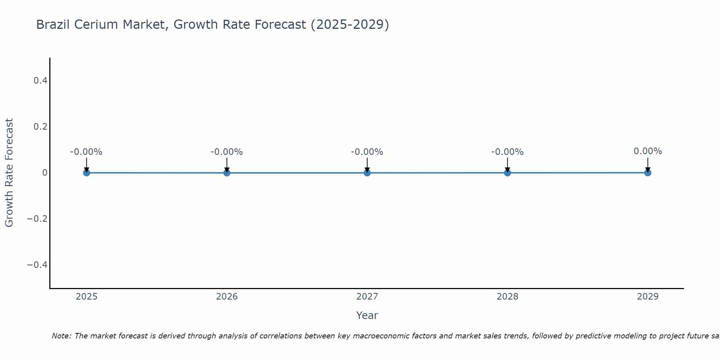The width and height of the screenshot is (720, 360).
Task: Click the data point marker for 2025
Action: pos(86,173)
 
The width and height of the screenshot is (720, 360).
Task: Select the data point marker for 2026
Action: pos(227,173)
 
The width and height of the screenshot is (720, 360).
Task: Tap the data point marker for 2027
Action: pos(367,173)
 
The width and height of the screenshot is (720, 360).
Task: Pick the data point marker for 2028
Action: pos(507,173)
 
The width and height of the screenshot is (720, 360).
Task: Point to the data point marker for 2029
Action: pos(648,173)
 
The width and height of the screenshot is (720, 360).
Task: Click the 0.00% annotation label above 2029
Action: pos(648,151)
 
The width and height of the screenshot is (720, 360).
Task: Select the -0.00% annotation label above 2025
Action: pos(86,152)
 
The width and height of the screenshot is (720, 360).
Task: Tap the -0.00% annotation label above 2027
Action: pos(367,152)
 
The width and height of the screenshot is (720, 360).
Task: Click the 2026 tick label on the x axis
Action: pos(227,297)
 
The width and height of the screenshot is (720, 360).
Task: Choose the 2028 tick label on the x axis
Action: pos(507,297)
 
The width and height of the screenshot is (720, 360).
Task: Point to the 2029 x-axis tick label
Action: pos(648,297)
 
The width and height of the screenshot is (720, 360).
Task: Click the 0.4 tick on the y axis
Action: pos(40,81)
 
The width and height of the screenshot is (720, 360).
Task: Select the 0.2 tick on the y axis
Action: pos(40,127)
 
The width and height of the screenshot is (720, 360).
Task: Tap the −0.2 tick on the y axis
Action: pos(37,219)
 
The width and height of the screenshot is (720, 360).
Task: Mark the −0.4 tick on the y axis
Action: pos(37,265)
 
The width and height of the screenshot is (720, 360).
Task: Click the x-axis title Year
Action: pos(367,315)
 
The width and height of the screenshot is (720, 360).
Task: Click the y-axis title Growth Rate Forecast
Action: pos(9,173)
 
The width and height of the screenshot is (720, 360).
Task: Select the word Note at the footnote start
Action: pos(61,336)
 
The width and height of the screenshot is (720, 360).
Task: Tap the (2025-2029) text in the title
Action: pos(350,24)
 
